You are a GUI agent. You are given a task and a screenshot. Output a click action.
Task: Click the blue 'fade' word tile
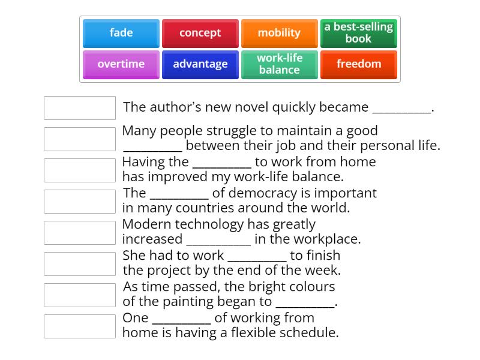(x=121, y=33)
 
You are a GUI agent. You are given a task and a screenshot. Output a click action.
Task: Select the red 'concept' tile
(x=200, y=33)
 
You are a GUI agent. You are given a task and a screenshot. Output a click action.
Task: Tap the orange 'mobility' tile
(x=279, y=33)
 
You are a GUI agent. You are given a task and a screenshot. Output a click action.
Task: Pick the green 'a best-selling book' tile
(x=358, y=33)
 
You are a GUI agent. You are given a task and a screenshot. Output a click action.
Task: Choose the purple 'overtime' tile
(x=121, y=64)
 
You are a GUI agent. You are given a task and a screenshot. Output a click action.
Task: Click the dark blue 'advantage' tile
(x=200, y=64)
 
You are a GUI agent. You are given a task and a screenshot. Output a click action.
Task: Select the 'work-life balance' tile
(x=279, y=64)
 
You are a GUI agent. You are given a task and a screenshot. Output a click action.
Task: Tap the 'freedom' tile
(x=358, y=64)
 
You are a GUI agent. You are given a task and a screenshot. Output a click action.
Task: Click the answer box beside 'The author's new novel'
(x=80, y=108)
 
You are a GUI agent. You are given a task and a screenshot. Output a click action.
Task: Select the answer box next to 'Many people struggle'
(x=80, y=139)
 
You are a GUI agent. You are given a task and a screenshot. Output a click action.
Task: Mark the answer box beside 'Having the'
(x=80, y=170)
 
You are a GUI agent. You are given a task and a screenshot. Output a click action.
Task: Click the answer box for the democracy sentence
(x=80, y=202)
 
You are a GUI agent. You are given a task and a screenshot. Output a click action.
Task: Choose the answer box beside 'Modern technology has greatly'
(x=80, y=233)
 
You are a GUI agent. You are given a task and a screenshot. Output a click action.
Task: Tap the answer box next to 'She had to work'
(x=80, y=264)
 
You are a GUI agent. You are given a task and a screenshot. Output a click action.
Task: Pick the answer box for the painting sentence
(x=80, y=295)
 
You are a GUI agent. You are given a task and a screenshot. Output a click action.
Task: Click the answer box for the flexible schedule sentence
(x=80, y=326)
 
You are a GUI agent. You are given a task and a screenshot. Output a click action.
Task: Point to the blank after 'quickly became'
(x=401, y=109)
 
